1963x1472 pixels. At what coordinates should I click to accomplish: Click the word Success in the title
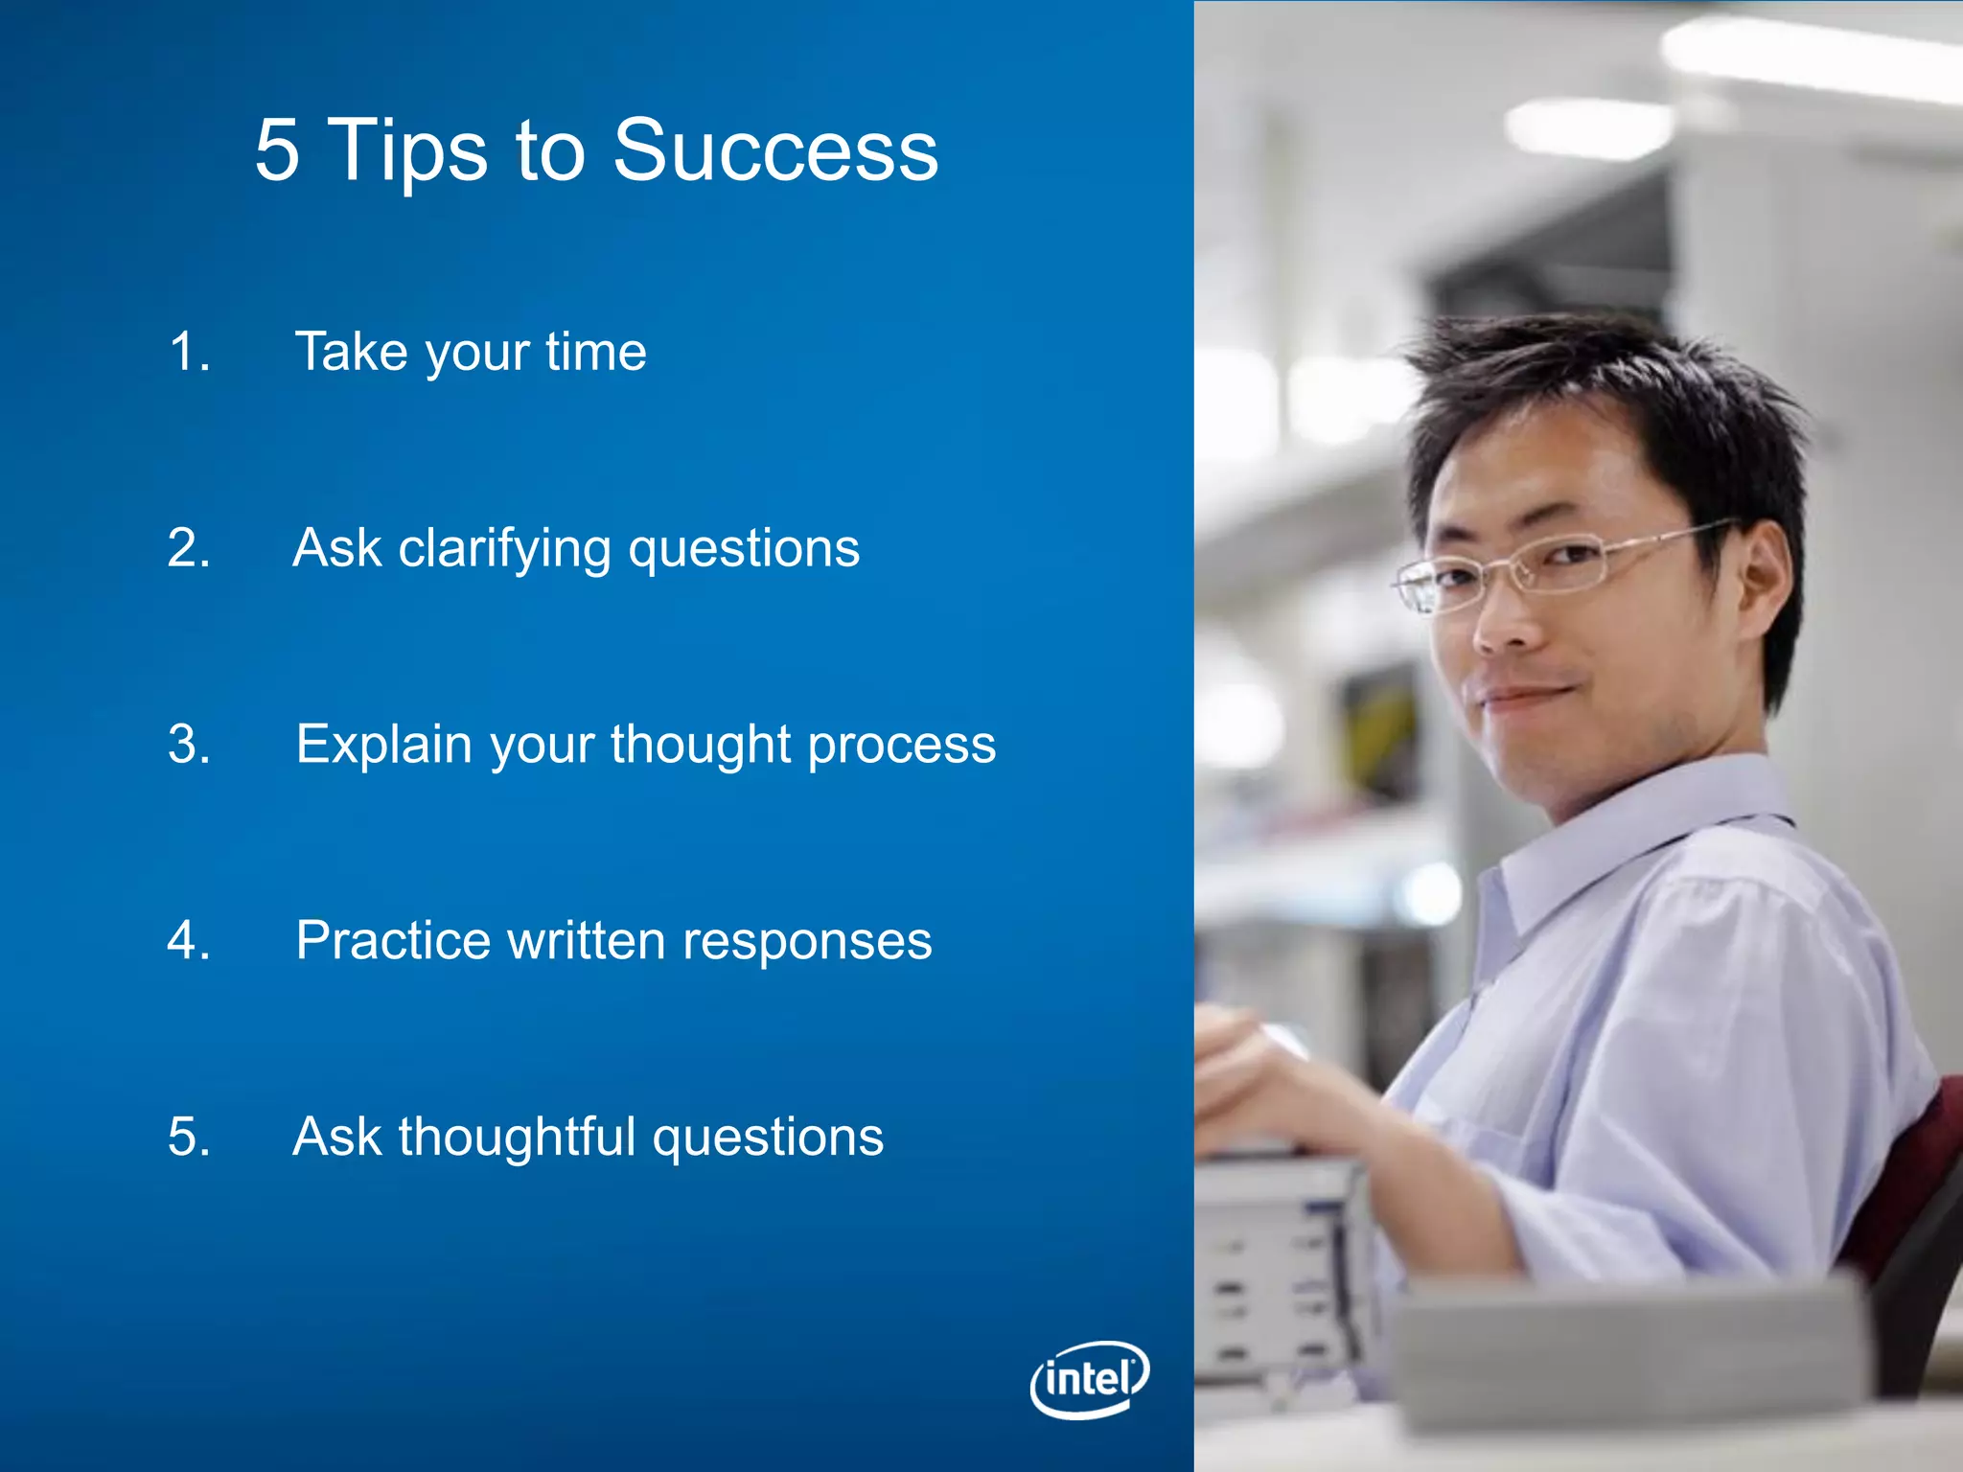click(x=774, y=150)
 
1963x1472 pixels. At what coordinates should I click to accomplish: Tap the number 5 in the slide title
click(x=277, y=150)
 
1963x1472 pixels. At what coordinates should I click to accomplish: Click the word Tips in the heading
click(x=408, y=150)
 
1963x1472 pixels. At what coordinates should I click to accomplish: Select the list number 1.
click(x=188, y=352)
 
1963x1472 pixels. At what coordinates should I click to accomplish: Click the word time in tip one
click(x=595, y=352)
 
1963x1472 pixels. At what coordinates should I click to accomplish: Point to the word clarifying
click(x=504, y=549)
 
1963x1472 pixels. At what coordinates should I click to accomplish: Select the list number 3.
click(x=188, y=745)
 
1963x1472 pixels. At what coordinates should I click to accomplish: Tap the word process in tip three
click(x=901, y=745)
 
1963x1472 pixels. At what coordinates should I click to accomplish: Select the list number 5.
click(x=188, y=1137)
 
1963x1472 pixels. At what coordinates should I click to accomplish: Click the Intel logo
click(x=1090, y=1379)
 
